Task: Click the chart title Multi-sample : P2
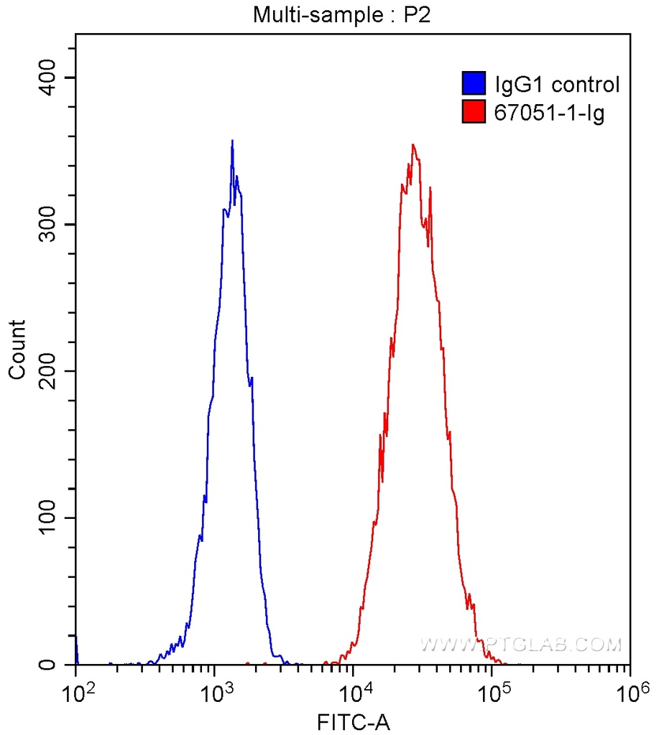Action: (x=341, y=14)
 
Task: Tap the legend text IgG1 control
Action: (x=557, y=85)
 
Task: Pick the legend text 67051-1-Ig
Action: (x=549, y=113)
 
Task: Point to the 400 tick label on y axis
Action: (x=50, y=78)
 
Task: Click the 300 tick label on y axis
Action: (x=50, y=224)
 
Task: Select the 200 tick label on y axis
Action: (x=50, y=371)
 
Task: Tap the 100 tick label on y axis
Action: (x=50, y=518)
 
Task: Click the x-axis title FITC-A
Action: (x=353, y=721)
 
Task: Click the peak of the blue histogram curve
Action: (x=232, y=141)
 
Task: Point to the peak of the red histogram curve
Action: (x=413, y=145)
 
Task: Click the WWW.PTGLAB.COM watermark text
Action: (x=521, y=644)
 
